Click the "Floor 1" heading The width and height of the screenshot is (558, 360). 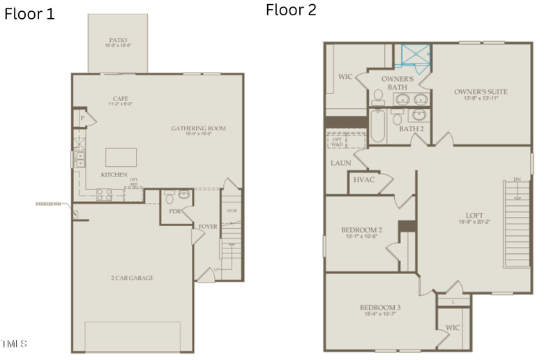(x=29, y=14)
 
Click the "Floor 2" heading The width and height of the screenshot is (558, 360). (x=291, y=10)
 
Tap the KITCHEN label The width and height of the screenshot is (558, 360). (x=114, y=174)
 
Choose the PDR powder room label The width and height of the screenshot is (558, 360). (x=174, y=211)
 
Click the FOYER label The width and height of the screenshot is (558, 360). (x=207, y=226)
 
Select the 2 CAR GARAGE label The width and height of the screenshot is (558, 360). (x=132, y=278)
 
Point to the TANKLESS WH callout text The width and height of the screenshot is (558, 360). (x=52, y=204)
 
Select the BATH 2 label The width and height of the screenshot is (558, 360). (x=412, y=128)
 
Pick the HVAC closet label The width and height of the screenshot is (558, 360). (x=364, y=179)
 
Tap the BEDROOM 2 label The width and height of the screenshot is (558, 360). (x=361, y=232)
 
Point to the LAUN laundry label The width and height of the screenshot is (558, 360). (x=340, y=163)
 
